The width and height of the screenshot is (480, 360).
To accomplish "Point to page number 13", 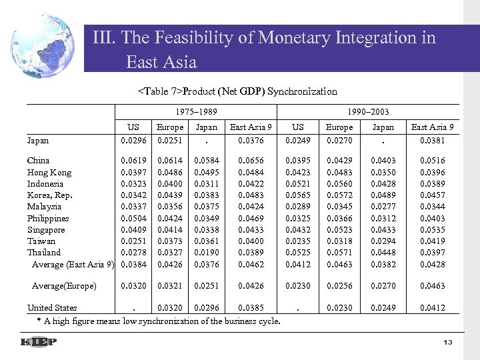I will tap(448, 343).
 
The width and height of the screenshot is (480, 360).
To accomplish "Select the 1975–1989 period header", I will tap(196, 112).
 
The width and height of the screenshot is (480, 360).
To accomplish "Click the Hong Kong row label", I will tap(49, 172).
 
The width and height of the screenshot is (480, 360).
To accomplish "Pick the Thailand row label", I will tap(44, 253).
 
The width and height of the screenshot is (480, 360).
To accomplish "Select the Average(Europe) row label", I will tap(64, 286).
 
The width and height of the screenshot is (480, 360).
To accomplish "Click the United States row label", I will tap(52, 308).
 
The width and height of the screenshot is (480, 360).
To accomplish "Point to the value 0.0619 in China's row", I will tap(133, 161).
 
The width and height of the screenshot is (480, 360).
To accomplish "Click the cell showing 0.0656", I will tap(251, 161).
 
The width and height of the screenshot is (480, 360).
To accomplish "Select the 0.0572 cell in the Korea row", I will tap(339, 195).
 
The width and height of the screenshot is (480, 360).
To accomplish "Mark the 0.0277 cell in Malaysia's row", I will tap(383, 207).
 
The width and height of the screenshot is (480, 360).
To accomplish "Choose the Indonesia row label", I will tap(45, 183).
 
